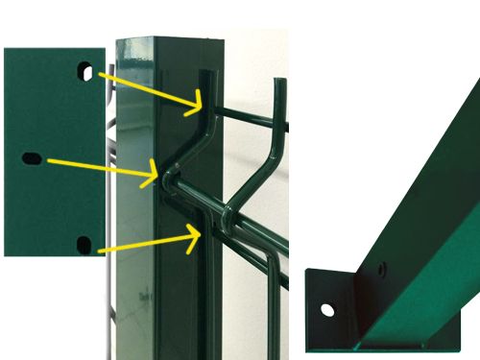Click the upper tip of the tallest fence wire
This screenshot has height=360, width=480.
(x=281, y=81)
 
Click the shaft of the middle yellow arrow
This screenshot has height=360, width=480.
(x=96, y=165)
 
